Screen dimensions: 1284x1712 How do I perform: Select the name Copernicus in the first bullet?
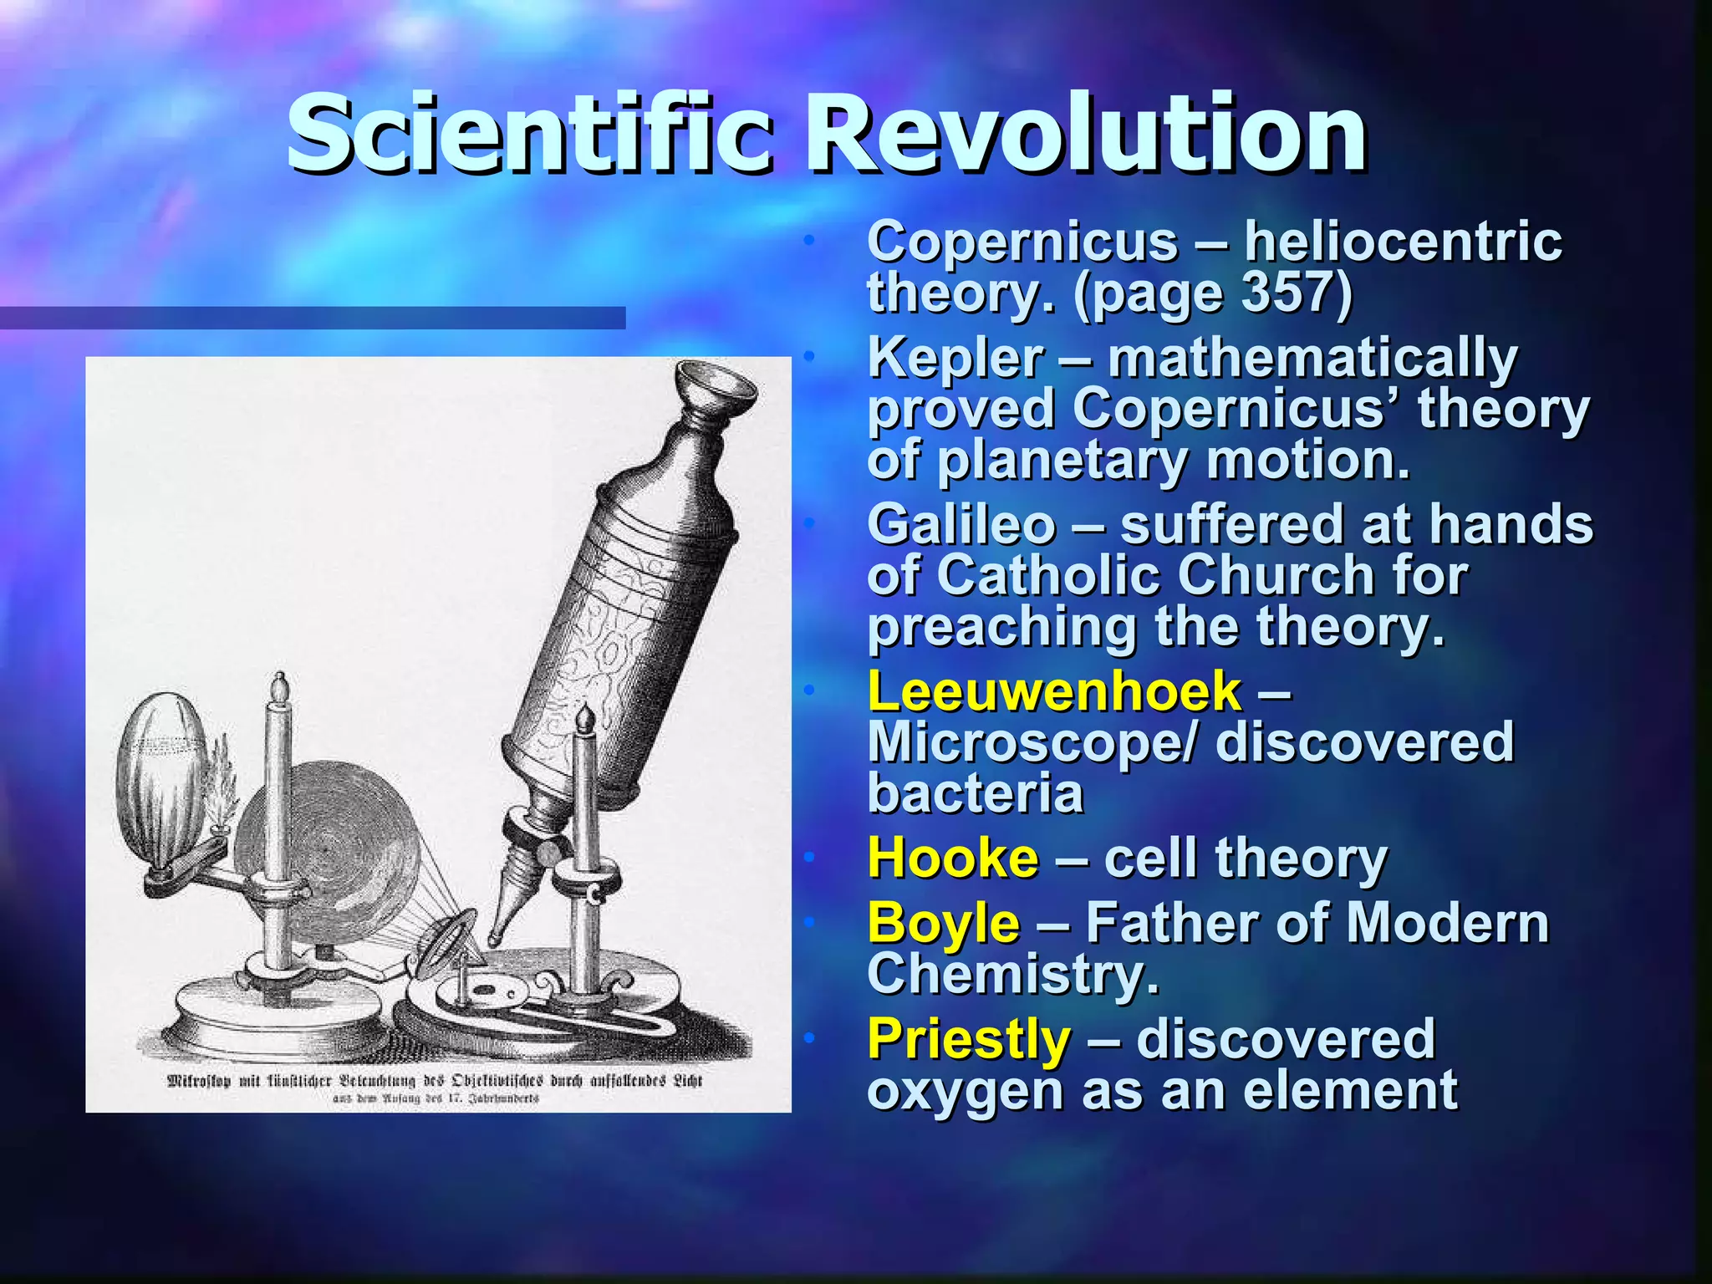coord(1022,242)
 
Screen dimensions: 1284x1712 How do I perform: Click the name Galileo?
coord(961,525)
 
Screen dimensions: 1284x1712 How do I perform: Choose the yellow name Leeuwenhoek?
coord(1054,692)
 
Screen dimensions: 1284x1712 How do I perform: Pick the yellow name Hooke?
coord(953,859)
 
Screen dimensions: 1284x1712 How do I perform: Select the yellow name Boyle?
coord(943,924)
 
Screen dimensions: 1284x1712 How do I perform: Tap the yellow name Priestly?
coord(968,1039)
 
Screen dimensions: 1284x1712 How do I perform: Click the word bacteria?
coord(975,794)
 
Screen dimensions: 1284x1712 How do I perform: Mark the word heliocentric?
coord(1403,242)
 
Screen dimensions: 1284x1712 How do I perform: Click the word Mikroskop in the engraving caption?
coord(198,1081)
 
